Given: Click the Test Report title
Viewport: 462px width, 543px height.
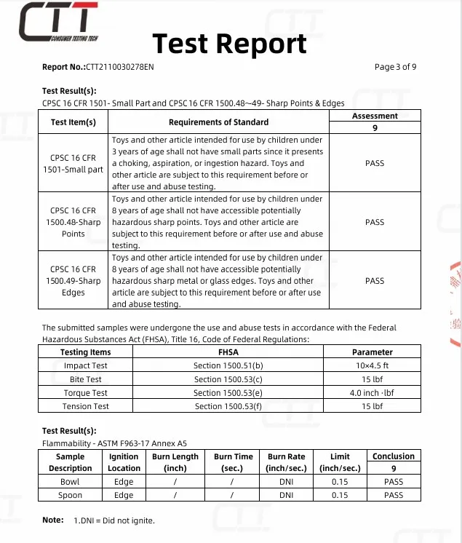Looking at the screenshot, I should coord(229,44).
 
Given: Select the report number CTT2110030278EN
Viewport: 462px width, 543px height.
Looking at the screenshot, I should coord(120,67).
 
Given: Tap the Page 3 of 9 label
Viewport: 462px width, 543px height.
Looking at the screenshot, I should coord(395,67).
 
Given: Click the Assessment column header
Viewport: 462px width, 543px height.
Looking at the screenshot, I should coord(375,116).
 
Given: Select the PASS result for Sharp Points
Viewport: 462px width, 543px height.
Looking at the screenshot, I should coord(375,222).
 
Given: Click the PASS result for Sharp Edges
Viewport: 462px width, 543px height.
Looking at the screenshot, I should coord(375,281).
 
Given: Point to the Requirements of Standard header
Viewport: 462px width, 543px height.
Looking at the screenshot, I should coord(218,122).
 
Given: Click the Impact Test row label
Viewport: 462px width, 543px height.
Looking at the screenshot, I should coord(85,365).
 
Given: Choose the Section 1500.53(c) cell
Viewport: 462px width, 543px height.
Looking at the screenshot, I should coord(228,379).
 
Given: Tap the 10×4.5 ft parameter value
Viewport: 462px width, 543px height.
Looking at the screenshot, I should coord(372,365).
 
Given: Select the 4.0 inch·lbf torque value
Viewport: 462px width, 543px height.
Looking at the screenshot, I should coord(372,393).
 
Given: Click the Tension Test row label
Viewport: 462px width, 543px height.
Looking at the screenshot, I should coord(85,406).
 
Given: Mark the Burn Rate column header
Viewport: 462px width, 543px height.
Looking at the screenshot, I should coord(287,462).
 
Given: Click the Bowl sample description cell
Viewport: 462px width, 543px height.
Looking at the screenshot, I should coord(70,482).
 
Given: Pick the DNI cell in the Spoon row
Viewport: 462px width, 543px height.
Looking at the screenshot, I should coord(287,495).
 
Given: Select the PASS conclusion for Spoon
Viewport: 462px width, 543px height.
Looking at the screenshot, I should coord(394,495).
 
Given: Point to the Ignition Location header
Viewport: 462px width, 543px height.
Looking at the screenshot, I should coord(124,462).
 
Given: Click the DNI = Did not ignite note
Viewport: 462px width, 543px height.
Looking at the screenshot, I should coord(114,520).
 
